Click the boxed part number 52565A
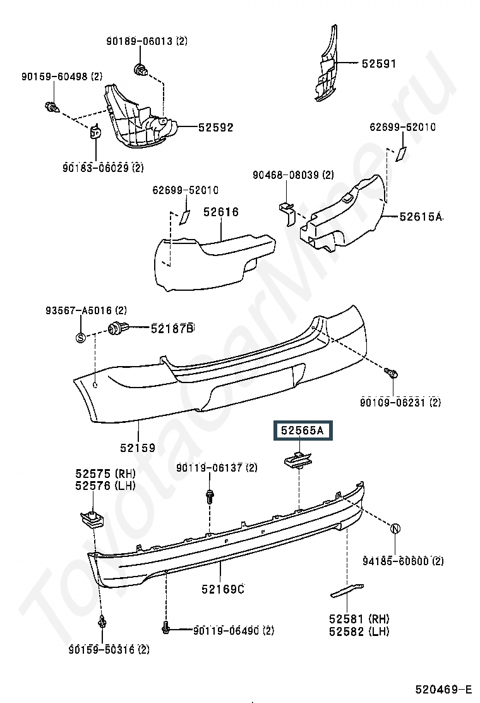(x=303, y=431)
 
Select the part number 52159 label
(x=138, y=448)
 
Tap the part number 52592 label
(x=215, y=127)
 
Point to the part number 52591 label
(x=379, y=63)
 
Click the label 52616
(x=221, y=212)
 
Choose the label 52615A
(x=421, y=216)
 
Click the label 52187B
(x=172, y=328)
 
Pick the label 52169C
(x=223, y=589)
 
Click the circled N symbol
(x=395, y=529)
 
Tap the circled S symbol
(x=81, y=337)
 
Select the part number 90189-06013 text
(x=147, y=42)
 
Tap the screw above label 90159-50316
(x=102, y=623)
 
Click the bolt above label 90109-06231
(x=391, y=373)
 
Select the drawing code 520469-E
(x=443, y=688)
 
